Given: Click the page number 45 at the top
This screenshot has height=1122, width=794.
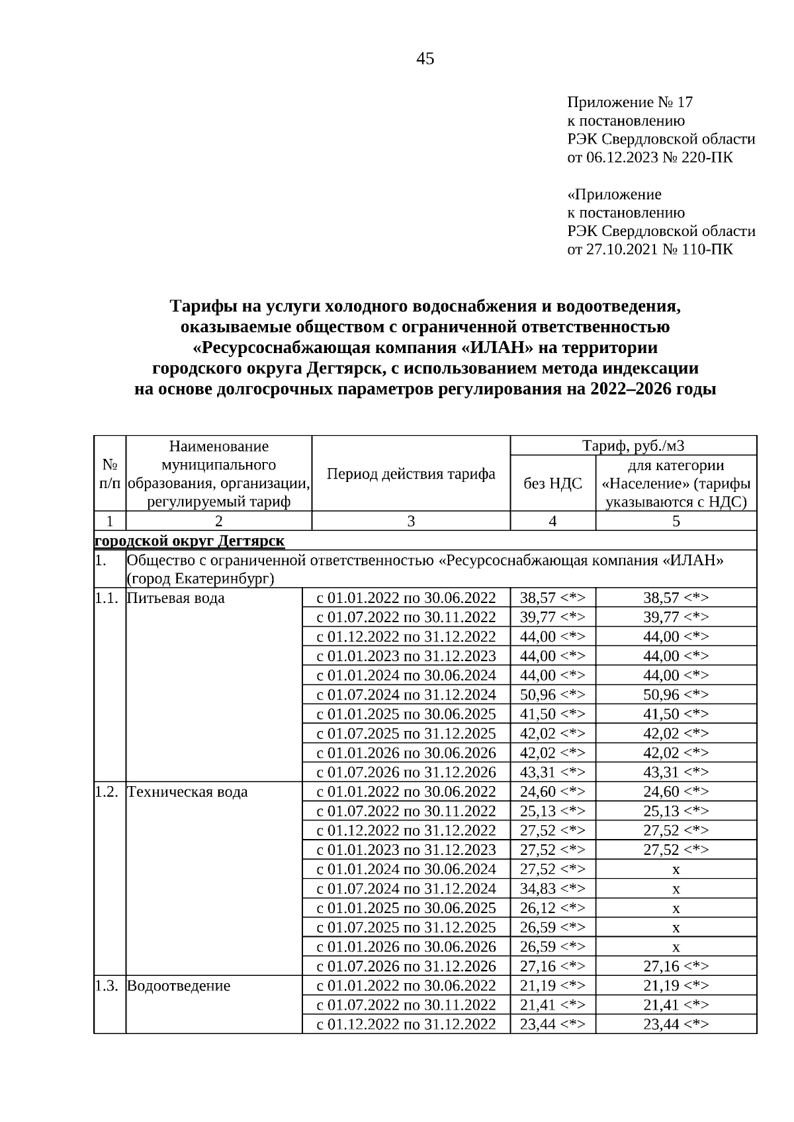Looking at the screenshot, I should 425,59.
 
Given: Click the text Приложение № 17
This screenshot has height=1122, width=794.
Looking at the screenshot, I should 629,102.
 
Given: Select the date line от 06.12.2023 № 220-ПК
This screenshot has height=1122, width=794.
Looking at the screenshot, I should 650,157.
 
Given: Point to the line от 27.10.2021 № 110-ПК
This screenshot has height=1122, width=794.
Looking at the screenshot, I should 650,249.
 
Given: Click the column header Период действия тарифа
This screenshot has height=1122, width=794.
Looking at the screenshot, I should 411,474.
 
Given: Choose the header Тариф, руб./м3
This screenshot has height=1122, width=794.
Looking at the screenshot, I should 633,446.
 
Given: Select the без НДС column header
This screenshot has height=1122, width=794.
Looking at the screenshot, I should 552,483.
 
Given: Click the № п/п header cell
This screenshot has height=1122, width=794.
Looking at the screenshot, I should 110,474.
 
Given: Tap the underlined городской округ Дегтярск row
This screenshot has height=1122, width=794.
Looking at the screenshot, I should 190,541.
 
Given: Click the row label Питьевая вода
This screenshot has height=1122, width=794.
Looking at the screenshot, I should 175,598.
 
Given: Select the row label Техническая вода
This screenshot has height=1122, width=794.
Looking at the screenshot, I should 187,791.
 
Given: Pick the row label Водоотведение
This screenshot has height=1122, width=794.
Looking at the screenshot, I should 179,986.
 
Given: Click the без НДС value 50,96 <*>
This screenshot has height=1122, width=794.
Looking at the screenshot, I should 552,695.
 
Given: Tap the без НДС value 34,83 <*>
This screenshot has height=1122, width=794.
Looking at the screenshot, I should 552,889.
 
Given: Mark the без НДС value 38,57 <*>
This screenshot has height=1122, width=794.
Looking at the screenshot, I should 552,598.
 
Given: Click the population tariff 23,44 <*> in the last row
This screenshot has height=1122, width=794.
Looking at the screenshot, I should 676,1024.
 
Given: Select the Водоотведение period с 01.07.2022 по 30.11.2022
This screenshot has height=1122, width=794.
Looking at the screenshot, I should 406,1005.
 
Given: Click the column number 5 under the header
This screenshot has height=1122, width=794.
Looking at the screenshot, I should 676,521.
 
